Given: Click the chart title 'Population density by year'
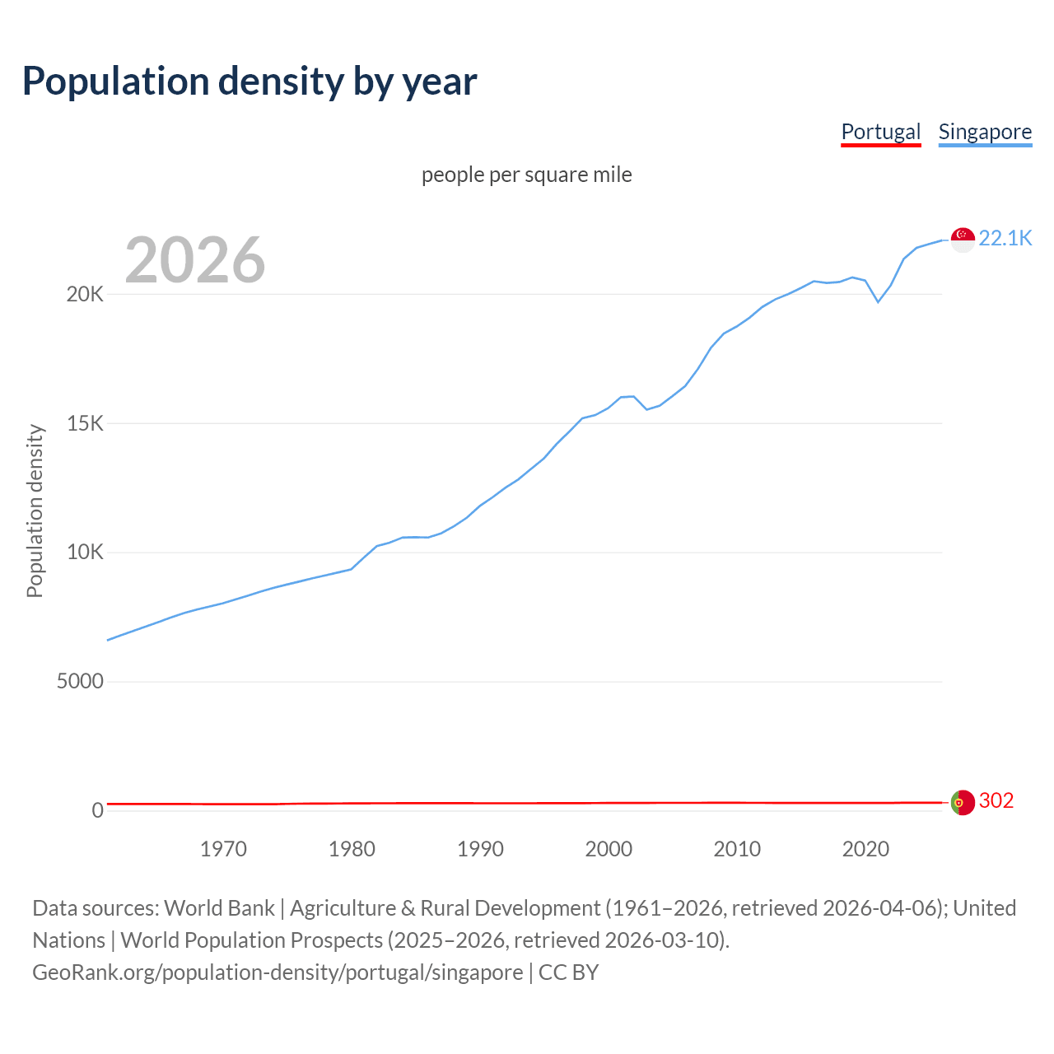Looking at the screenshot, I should [x=250, y=82].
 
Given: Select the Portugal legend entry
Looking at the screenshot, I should [x=880, y=132].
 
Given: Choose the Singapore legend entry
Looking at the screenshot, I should [x=985, y=132].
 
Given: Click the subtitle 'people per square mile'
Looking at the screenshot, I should [x=526, y=175].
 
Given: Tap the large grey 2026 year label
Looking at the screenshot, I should [x=195, y=260].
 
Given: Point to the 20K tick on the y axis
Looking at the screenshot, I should [x=85, y=294].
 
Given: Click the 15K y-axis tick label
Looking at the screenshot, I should [x=85, y=423].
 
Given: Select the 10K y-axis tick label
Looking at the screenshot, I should [x=85, y=552].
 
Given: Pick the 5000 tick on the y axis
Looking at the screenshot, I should [x=80, y=681].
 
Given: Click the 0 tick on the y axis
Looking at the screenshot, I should [x=98, y=810].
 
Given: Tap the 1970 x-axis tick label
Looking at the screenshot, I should [x=223, y=849].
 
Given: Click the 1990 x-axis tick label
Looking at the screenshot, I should [x=480, y=849].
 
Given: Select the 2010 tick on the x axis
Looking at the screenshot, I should [x=737, y=849].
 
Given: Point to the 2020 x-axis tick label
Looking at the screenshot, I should [x=865, y=849].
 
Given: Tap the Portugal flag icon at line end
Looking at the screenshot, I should [x=963, y=802].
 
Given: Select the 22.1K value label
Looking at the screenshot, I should [x=1005, y=238].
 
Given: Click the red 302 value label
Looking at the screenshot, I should [x=996, y=800].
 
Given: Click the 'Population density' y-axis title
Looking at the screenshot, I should [x=35, y=511].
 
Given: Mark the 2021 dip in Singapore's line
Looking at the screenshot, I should [x=878, y=301].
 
